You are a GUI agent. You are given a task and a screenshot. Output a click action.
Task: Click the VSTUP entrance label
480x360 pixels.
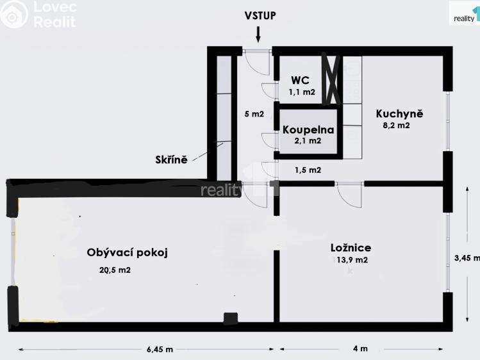pos(260,16)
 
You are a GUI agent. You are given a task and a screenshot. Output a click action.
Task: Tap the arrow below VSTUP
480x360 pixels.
pos(258,34)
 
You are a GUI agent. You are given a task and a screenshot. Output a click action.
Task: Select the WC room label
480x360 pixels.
pos(300,80)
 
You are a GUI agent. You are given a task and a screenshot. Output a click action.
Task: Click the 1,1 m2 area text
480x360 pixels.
pos(302,92)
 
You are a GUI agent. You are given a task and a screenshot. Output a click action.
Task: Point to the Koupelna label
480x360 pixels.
pos(308,129)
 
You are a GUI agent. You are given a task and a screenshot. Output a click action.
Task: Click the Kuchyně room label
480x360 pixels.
pos(399,114)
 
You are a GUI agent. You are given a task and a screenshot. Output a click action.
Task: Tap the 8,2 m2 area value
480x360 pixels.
pos(395,126)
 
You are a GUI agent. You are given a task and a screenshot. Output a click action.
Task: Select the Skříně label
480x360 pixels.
pos(170,160)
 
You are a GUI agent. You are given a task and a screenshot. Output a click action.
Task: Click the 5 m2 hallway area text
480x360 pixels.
pos(254,115)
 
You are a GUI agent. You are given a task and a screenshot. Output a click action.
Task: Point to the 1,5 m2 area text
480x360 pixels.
pos(308,170)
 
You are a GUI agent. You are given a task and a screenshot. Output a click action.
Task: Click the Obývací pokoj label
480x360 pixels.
pos(127,252)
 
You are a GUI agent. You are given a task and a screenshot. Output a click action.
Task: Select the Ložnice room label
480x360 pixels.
pos(351,248)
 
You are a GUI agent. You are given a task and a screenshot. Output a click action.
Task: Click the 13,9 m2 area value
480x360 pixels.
pos(351,260)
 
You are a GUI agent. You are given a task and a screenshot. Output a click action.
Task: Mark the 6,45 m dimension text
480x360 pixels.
pos(160,349)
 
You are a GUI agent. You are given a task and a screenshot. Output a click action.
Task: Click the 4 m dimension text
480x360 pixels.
pos(361,349)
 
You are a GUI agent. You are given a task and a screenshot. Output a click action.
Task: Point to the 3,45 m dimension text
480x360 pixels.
pos(466,258)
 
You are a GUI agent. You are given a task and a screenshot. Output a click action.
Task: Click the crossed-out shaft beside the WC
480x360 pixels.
pos(333,80)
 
